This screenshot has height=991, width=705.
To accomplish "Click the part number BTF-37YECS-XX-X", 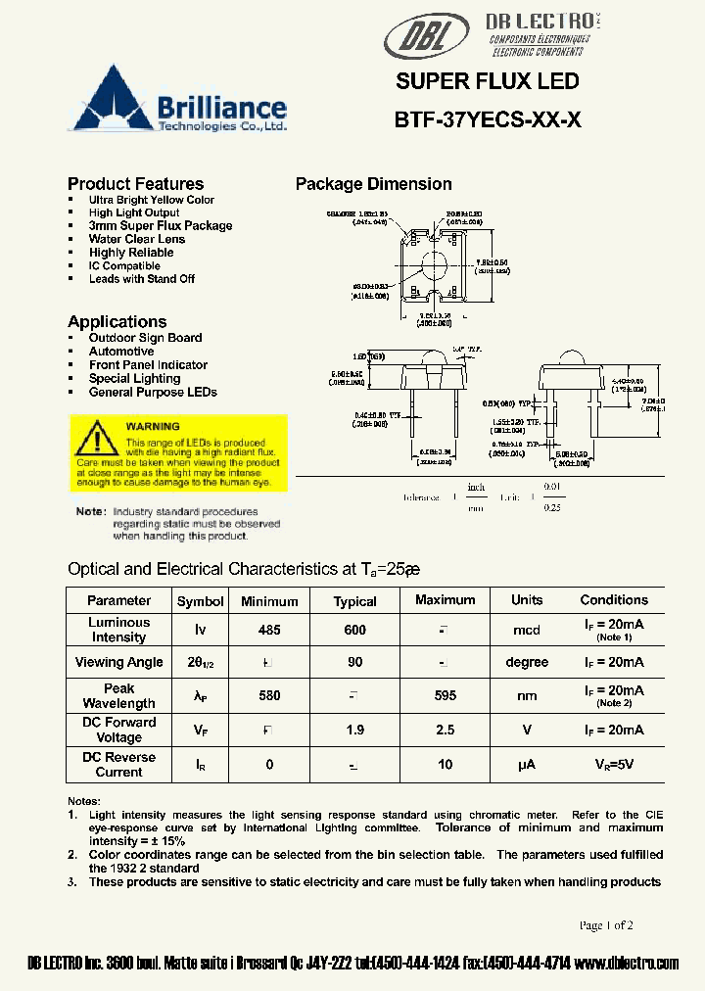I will [x=488, y=119].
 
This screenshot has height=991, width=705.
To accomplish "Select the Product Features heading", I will [x=135, y=184].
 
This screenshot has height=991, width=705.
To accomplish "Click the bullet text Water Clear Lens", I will [x=136, y=239].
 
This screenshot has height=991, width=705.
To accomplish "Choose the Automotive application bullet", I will [x=121, y=352].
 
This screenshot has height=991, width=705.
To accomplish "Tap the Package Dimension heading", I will [x=373, y=184].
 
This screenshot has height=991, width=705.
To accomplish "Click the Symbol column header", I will [x=200, y=601].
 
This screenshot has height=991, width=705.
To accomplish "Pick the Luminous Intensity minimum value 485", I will [x=269, y=631].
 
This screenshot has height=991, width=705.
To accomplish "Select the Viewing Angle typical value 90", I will [x=354, y=663].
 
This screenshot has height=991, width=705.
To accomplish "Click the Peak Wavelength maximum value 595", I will [x=445, y=696].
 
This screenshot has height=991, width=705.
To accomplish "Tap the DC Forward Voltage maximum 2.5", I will [x=445, y=731].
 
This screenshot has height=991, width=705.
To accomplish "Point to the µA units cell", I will [x=527, y=765].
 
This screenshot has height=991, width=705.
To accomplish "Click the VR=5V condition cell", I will [x=614, y=765].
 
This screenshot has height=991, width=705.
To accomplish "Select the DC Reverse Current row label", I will [x=118, y=765].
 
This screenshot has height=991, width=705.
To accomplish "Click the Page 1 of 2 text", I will [x=606, y=925].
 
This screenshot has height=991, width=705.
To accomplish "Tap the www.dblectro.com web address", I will [x=627, y=964].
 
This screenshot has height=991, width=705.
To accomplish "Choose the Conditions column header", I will [x=614, y=600].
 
